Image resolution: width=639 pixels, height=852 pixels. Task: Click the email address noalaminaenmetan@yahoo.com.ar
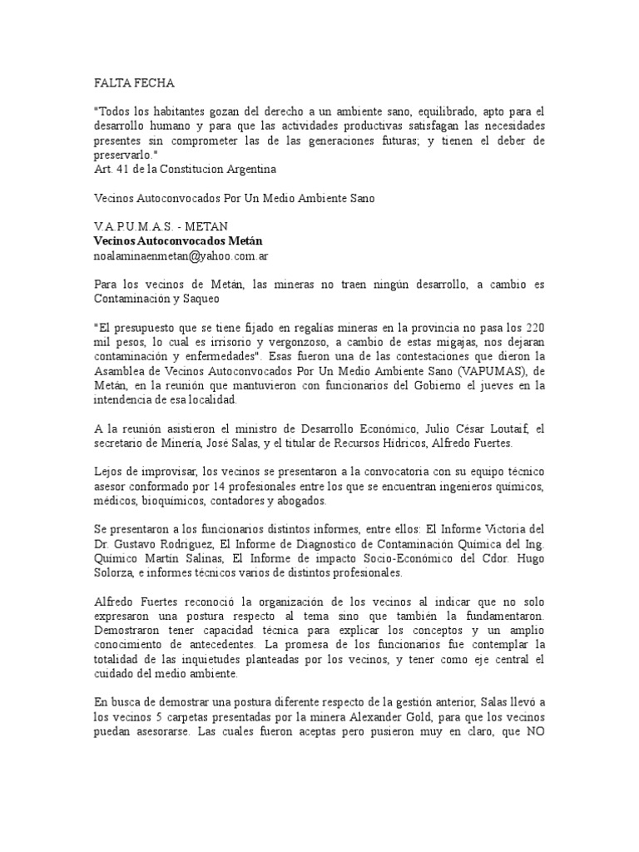pos(180,255)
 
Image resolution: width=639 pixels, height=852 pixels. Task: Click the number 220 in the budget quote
pos(533,328)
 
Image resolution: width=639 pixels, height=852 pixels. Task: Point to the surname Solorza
pos(119,573)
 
